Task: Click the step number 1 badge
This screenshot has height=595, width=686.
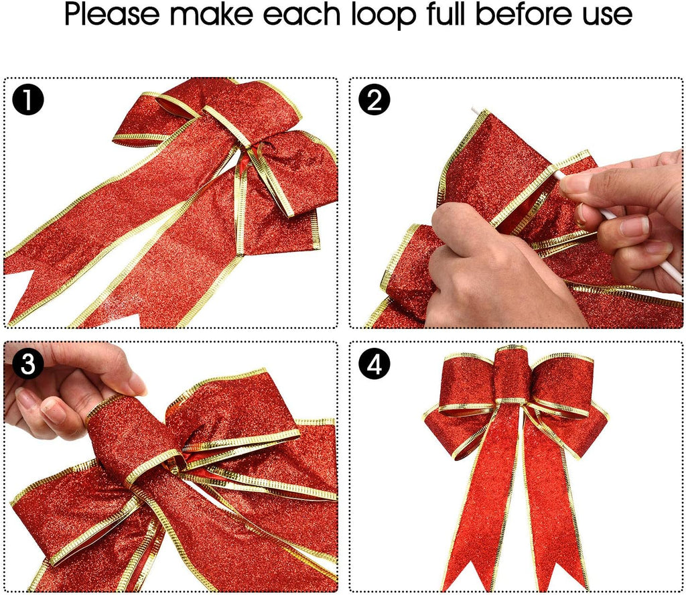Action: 28,101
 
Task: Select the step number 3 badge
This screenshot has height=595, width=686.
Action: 28,365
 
